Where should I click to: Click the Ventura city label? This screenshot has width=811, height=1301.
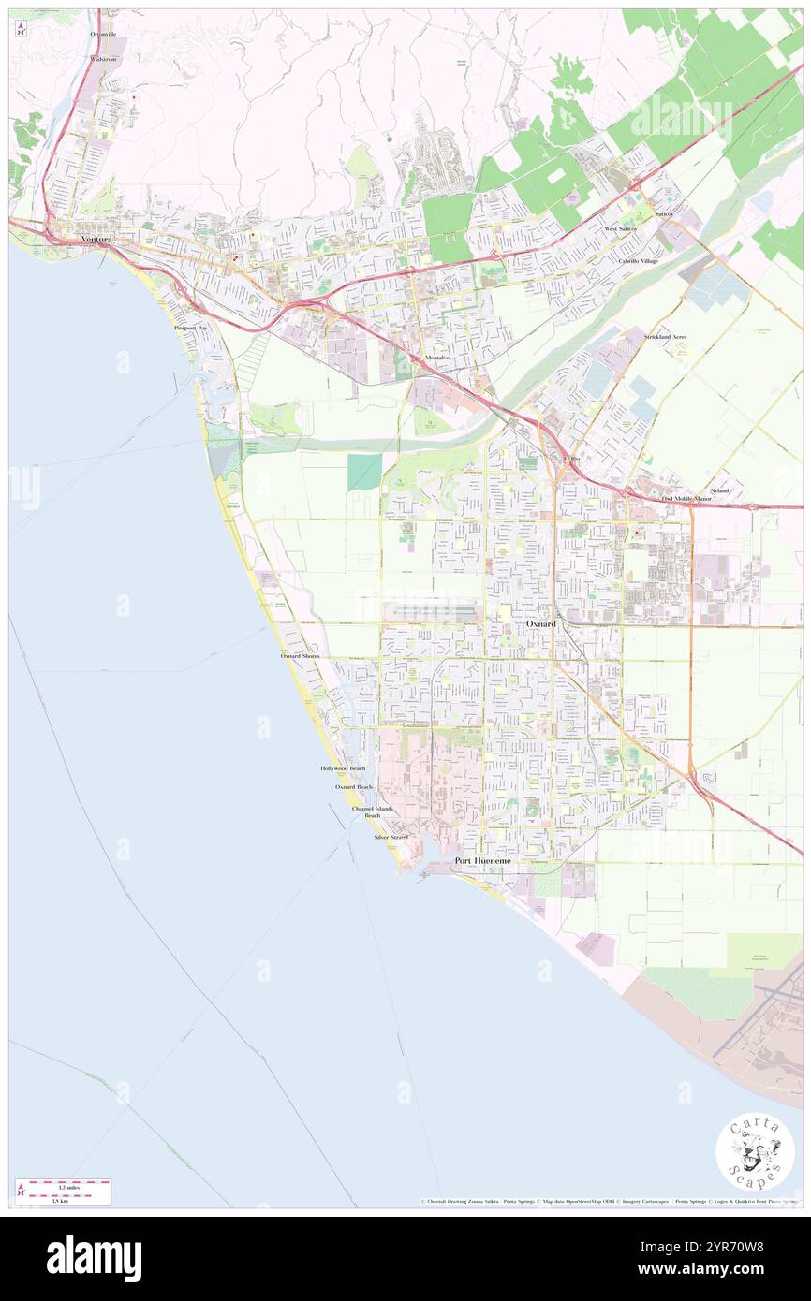[96, 240]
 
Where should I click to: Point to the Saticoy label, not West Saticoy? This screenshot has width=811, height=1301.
[664, 214]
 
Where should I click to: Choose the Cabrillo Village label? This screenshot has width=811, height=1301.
[637, 260]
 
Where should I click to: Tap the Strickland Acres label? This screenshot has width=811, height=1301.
[665, 336]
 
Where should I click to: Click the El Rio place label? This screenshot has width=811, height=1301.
[571, 459]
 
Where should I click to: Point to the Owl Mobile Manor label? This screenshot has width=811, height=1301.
[686, 499]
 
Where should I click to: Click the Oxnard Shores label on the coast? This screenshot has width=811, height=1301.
[300, 656]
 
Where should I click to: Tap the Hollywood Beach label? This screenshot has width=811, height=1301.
[343, 767]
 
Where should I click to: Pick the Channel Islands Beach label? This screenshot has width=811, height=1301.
[372, 811]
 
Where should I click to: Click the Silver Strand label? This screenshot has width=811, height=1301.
[391, 836]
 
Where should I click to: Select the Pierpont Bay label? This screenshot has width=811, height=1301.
[190, 329]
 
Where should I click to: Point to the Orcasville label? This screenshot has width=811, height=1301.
[103, 34]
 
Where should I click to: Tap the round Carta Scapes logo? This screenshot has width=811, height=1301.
[755, 1151]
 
